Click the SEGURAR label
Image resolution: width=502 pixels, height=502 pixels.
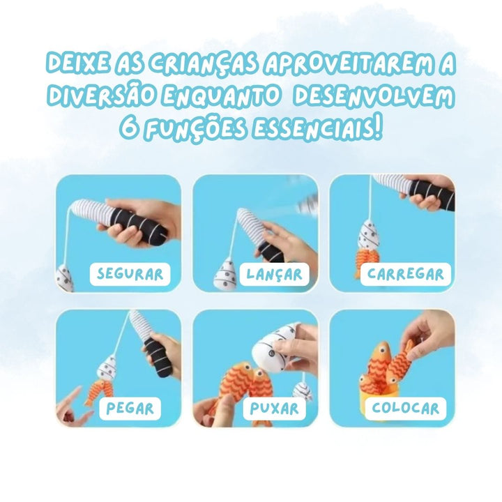130,275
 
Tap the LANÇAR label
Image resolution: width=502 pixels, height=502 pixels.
275,275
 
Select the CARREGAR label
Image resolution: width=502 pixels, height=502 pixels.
406,275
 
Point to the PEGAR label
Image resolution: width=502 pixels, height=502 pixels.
130,409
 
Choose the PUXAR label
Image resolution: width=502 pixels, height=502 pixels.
274,409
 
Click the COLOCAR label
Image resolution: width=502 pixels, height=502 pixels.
405,409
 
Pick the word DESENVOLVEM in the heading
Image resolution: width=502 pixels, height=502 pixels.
374,96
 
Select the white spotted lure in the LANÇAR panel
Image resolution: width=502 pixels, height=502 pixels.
226,276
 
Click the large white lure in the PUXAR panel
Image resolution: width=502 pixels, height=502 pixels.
272,349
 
